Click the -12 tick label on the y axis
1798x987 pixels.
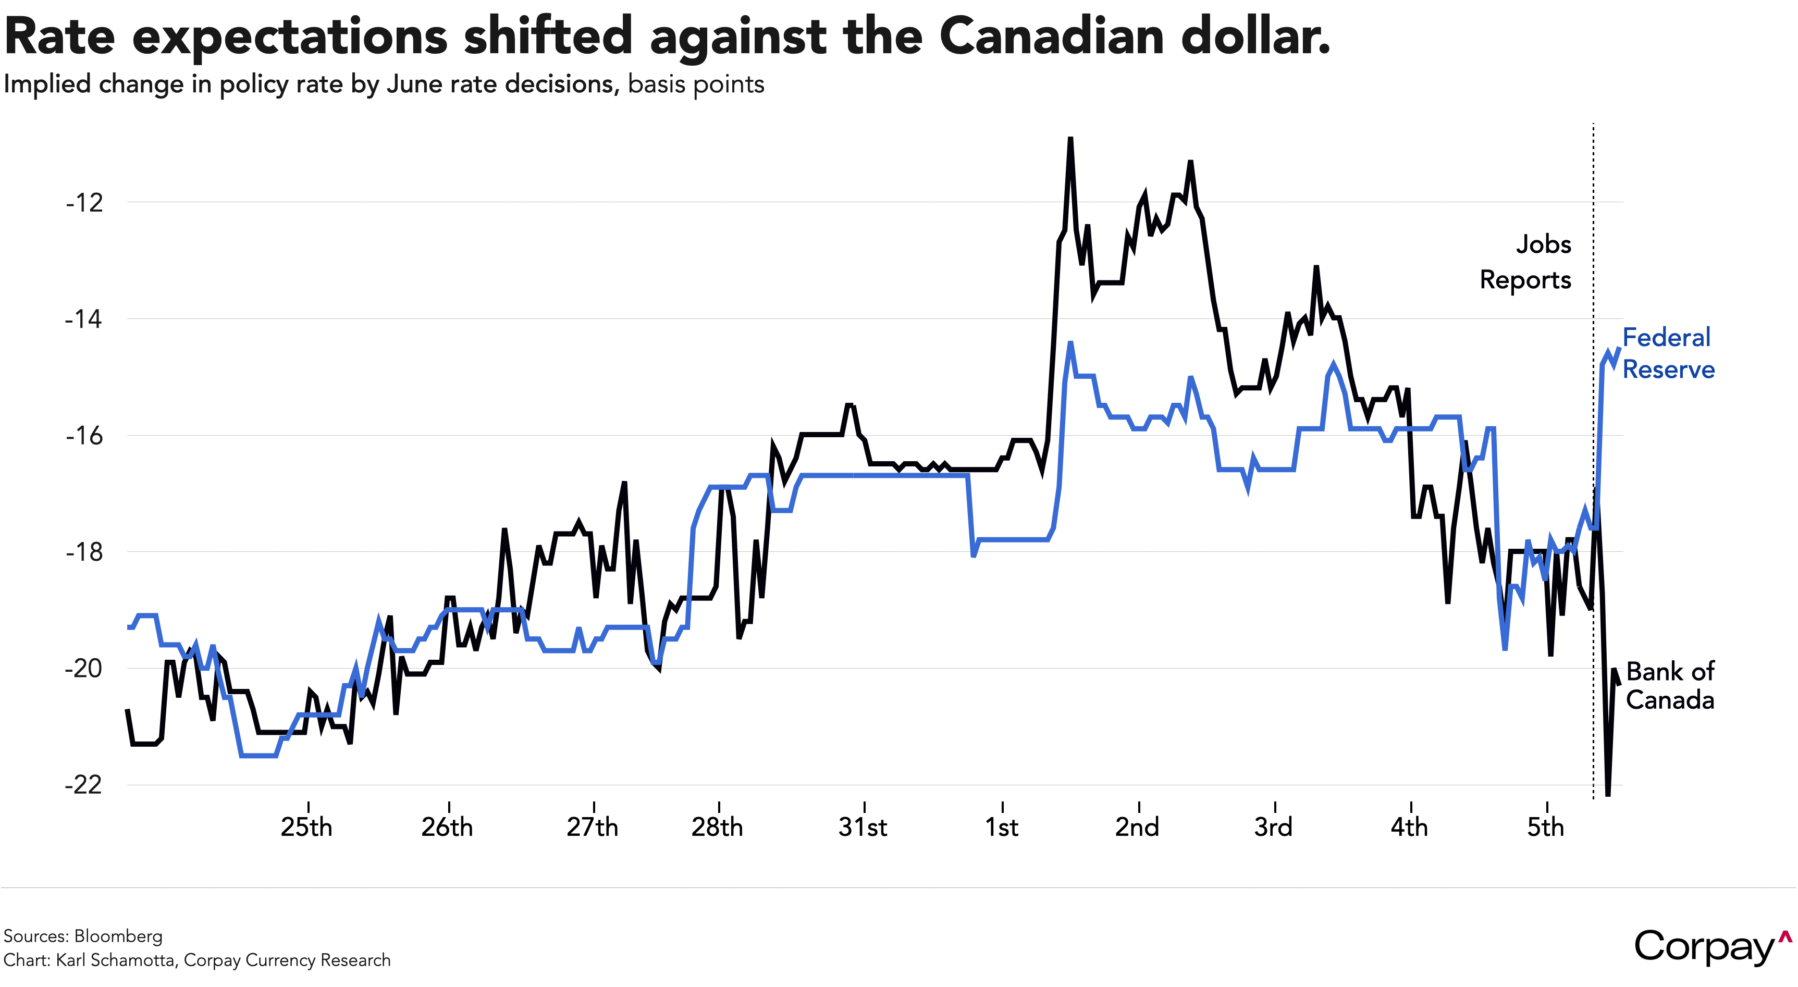[x=84, y=203]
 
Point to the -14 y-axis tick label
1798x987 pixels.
[x=84, y=319]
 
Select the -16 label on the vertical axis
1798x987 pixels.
[x=84, y=436]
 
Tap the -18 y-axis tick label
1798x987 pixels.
[x=84, y=552]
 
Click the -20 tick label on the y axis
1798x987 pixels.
[x=84, y=669]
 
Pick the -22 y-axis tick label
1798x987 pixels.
[x=84, y=785]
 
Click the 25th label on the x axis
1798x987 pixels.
[x=306, y=827]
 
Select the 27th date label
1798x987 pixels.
[x=592, y=827]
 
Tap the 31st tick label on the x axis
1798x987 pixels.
[x=863, y=827]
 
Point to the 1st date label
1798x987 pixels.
[x=1002, y=827]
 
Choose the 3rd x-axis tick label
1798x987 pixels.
[x=1273, y=827]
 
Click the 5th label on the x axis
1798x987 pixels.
[x=1545, y=827]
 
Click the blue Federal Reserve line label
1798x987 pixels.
[x=1668, y=353]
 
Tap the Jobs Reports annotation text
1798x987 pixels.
[x=1526, y=262]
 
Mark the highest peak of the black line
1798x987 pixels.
[x=1070, y=139]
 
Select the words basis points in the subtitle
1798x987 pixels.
[x=696, y=84]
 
